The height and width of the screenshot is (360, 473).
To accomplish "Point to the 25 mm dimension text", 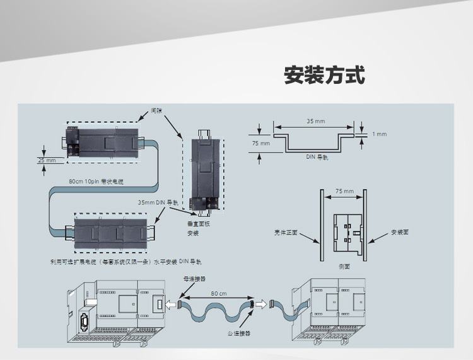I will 47,161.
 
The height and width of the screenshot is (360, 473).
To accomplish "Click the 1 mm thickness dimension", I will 379,134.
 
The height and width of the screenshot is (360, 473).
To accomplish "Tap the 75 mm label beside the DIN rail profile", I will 260,144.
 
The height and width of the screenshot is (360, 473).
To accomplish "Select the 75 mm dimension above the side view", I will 344,190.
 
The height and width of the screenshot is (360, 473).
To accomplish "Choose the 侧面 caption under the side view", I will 344,266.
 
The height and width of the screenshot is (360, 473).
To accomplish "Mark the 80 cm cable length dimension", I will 219,294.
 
